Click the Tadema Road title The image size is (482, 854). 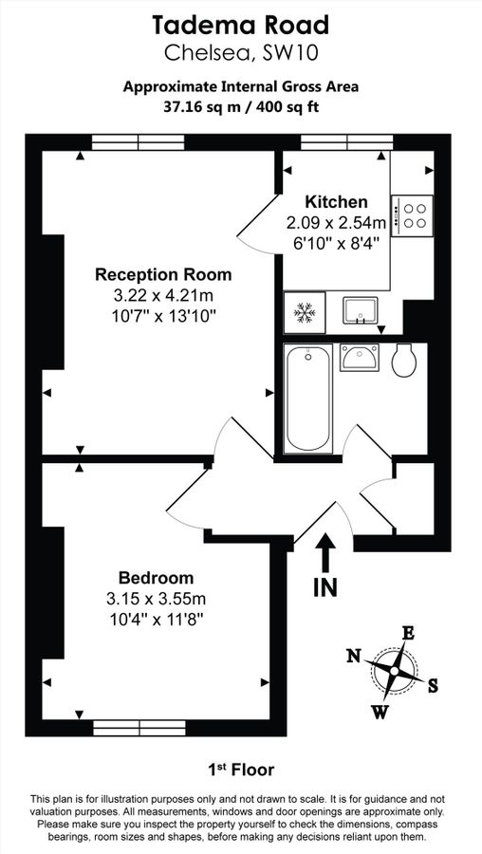pos(241,24)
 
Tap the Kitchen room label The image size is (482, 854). pos(336,202)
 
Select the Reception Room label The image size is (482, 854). pos(163,275)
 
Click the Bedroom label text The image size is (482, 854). pos(156,578)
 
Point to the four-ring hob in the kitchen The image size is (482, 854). pos(413,213)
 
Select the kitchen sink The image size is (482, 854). pos(360,309)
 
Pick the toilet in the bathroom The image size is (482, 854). pos(402,360)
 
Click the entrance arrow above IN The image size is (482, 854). pos(324,552)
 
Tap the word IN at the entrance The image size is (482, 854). pos(324,587)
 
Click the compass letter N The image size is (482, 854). pos(353,655)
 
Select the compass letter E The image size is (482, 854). pos(408,634)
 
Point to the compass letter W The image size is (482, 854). pos(379,711)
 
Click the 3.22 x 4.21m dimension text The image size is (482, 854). pos(163,296)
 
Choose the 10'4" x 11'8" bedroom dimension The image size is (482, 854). pos(156,619)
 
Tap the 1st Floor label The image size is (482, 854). pos(241,769)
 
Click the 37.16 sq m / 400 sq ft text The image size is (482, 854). pos(241,107)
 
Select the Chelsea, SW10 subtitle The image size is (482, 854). pos(241,52)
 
